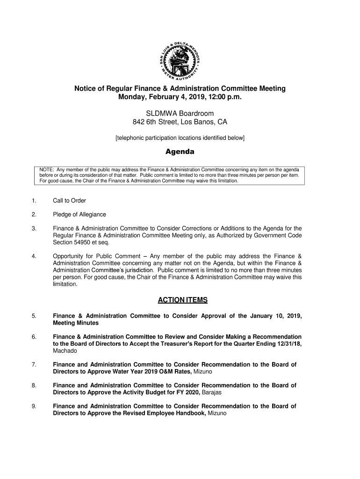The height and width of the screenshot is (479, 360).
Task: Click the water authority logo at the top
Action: point(180,58)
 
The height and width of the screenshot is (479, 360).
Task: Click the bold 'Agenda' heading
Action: point(180,152)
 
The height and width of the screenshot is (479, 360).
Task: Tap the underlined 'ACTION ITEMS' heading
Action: point(180,300)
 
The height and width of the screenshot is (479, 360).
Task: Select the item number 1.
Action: point(34,201)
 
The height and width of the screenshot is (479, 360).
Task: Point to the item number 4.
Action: point(34,256)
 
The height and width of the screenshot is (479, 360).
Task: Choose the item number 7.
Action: point(34,364)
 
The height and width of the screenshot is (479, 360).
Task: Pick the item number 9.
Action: point(34,406)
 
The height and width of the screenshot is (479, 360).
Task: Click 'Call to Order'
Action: point(69,201)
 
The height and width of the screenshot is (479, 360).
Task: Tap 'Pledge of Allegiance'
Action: point(79,214)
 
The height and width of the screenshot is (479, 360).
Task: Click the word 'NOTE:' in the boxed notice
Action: point(47,169)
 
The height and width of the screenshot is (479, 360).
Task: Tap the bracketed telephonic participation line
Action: point(180,138)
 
